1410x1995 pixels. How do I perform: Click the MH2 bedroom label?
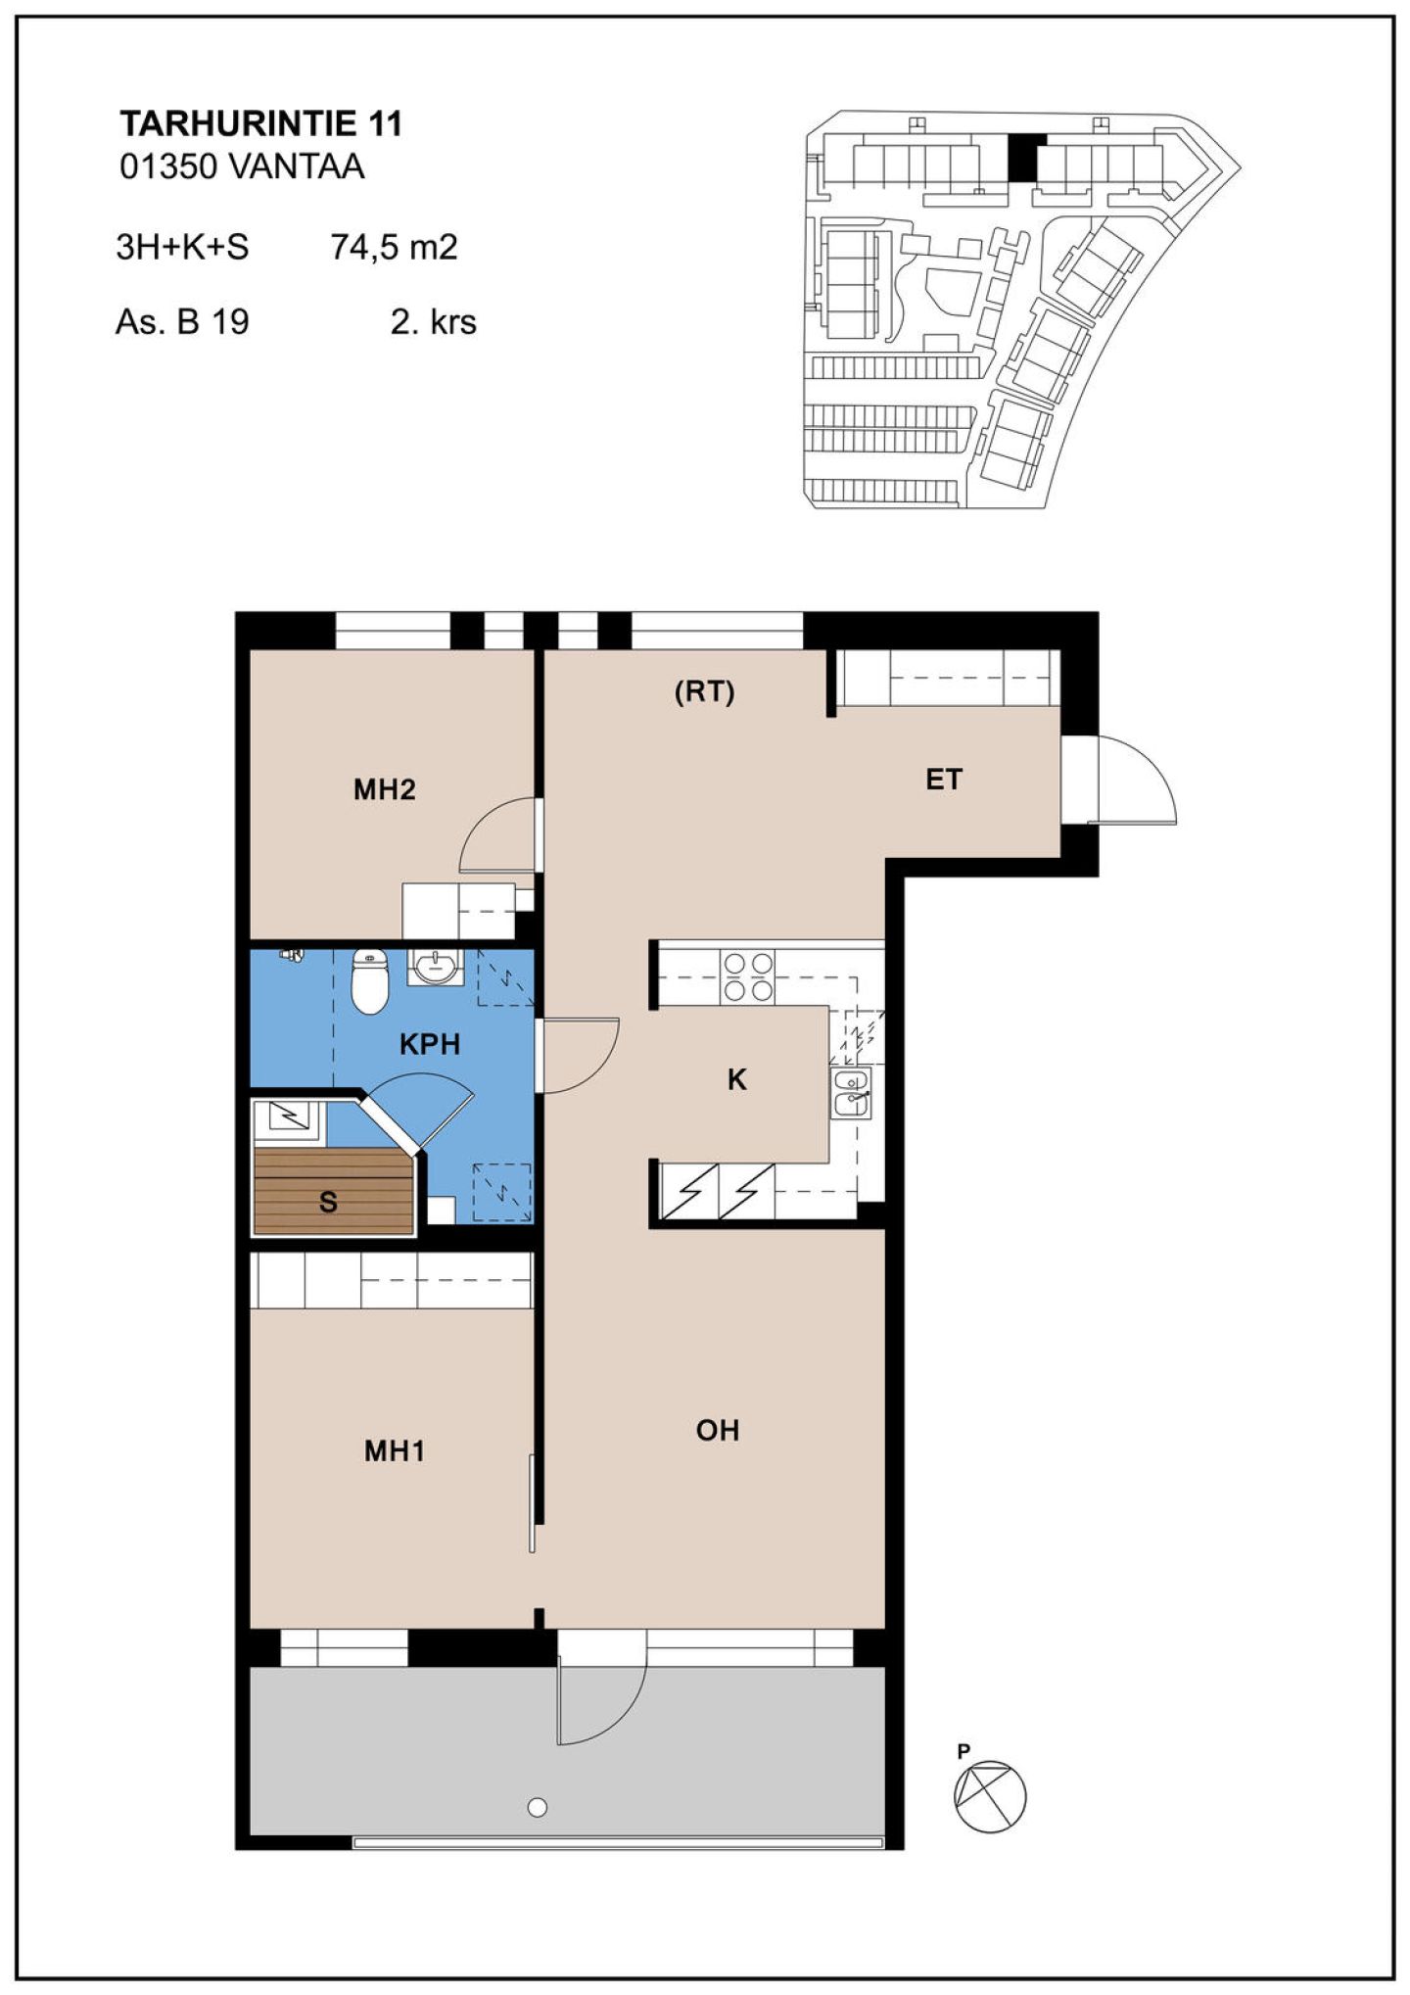384,789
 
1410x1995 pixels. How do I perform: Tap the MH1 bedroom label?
395,1450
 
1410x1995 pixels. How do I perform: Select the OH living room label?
718,1431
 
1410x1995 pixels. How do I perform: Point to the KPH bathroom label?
430,1044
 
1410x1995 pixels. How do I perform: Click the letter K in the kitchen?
737,1079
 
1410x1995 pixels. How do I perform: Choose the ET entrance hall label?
944,780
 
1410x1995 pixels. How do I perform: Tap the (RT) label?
704,692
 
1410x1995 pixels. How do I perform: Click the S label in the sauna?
328,1202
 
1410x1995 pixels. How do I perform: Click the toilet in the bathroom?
369,980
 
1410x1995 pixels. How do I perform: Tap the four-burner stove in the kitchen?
748,977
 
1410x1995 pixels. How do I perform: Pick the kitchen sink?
850,1093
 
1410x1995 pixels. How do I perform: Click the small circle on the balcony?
537,1807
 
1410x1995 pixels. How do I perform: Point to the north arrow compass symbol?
990,1796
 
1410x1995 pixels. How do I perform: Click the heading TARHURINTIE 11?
260,123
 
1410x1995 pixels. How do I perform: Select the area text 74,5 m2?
394,247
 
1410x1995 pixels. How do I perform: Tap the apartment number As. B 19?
182,321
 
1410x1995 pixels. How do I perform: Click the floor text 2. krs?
434,321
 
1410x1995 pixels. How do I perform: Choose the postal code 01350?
167,166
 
